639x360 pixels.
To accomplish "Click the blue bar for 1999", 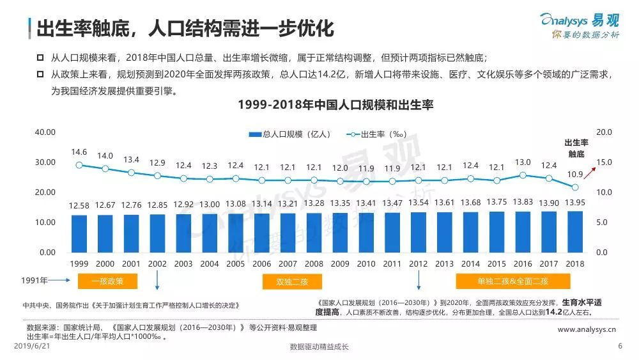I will coord(79,233).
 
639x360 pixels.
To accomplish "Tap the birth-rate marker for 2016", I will coord(523,175).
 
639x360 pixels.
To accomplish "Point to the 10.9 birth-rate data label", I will coord(575,174).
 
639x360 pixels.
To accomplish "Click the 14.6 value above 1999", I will coord(79,152).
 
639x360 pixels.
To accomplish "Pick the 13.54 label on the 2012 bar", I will coord(418,203).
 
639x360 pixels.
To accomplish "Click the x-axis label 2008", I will coord(314,264).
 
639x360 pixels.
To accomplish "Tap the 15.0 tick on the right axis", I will coord(604,162).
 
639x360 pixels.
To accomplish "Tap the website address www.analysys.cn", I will coord(586,330).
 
